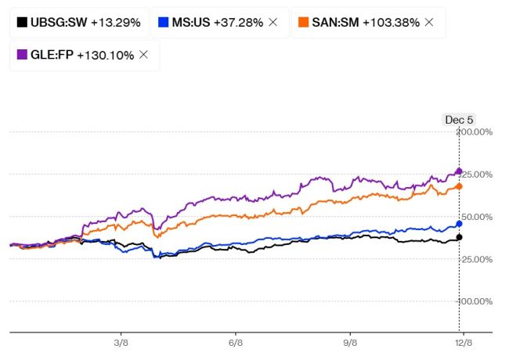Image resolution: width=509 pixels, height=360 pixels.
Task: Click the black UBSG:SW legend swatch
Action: point(21,23)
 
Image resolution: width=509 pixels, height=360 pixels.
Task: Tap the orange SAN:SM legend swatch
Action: point(302,23)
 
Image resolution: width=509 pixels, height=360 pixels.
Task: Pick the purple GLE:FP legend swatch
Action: point(21,55)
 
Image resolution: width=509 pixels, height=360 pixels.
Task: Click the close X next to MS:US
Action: point(273,23)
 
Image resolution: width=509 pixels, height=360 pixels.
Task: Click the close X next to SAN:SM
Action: point(428,23)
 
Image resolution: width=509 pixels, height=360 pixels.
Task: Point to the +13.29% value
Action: point(115,23)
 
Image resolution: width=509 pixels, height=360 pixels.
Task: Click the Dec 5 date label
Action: point(459,120)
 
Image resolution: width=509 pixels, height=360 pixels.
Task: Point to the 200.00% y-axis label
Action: point(475,132)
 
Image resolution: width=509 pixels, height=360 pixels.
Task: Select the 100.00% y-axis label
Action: point(475,301)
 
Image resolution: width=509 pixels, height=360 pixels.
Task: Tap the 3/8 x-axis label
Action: point(121,342)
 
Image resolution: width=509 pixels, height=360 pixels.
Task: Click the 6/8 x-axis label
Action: point(236,342)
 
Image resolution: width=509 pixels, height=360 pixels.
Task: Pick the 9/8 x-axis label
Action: point(350,342)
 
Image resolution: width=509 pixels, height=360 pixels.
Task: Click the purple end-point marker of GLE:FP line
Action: point(459,171)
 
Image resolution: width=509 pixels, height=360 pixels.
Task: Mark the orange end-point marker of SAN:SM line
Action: point(459,186)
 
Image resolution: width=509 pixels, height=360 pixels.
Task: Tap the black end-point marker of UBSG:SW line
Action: point(459,237)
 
